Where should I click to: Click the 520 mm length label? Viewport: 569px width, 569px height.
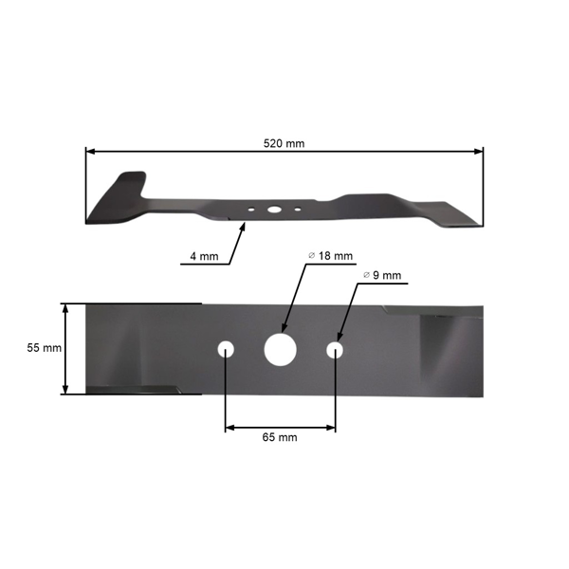[x=284, y=143]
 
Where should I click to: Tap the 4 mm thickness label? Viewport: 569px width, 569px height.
[x=204, y=256]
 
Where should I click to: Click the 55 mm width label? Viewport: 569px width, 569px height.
[x=44, y=348]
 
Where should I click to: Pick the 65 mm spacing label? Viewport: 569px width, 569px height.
[x=280, y=437]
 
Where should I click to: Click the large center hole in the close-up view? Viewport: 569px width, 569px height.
[x=280, y=349]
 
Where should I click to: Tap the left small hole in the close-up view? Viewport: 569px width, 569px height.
[x=226, y=349]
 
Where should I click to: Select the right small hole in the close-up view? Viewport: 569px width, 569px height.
[x=335, y=350]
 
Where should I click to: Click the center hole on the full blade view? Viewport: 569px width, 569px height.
[x=273, y=209]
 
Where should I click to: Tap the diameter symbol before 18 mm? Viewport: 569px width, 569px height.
[x=312, y=256]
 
